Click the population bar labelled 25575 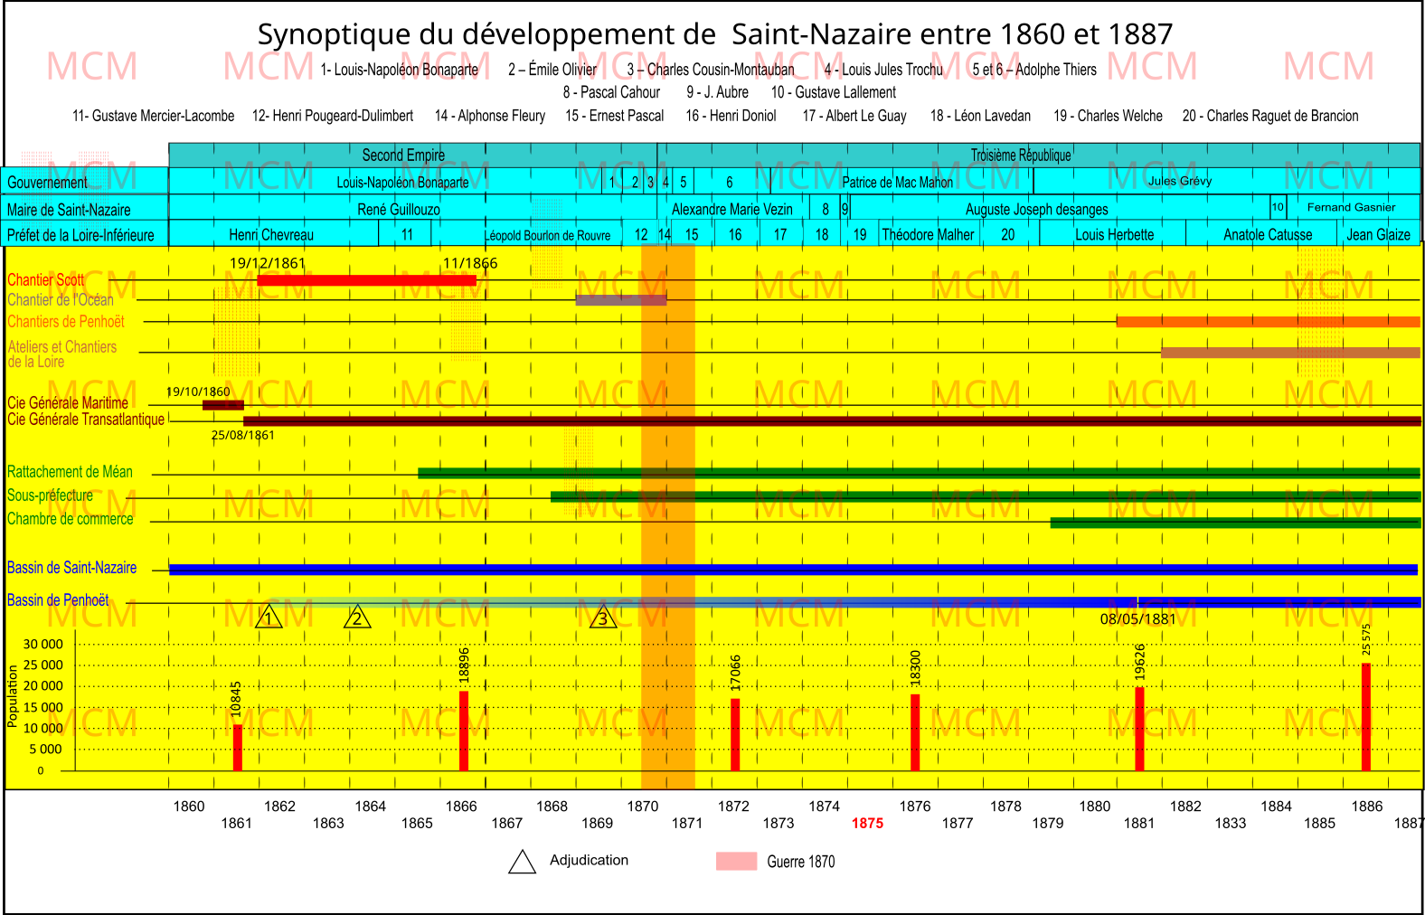click(x=1366, y=716)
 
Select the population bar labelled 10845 click(x=238, y=747)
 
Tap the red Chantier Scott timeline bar click(x=366, y=280)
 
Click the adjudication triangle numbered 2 click(x=357, y=618)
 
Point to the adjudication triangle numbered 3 click(x=603, y=618)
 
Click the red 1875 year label click(x=867, y=823)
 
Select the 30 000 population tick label click(x=43, y=644)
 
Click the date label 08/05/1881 click(x=1137, y=619)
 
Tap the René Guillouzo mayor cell click(x=398, y=209)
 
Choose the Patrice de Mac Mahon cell click(x=897, y=182)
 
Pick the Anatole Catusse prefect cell click(x=1268, y=234)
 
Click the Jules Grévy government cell click(x=1180, y=181)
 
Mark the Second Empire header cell click(x=403, y=155)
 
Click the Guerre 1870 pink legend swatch click(x=736, y=861)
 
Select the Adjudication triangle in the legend click(x=522, y=863)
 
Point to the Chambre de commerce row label click(x=71, y=519)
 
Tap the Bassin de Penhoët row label click(x=58, y=599)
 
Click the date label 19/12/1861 click(x=268, y=263)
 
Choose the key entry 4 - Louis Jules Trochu click(x=882, y=70)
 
